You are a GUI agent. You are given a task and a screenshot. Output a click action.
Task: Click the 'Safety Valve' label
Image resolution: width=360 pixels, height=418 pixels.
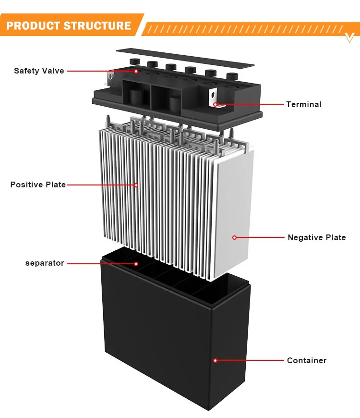point(39,71)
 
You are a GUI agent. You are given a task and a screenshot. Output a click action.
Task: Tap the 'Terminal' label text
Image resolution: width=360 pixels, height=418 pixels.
point(303,104)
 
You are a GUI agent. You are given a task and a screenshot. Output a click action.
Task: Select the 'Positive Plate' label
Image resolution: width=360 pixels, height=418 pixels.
point(38,184)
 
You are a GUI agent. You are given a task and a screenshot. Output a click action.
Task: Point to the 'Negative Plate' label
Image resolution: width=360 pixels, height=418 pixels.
point(316,237)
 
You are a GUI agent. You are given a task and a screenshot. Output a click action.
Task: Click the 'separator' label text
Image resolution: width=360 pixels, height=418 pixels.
point(45,263)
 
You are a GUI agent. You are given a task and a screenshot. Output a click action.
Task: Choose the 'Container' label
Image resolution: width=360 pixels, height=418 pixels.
point(306,360)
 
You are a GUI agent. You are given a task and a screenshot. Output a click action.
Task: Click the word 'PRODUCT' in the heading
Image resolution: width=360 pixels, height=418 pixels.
point(36,25)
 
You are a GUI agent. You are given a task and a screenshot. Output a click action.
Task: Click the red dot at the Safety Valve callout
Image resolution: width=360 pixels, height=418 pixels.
point(136,71)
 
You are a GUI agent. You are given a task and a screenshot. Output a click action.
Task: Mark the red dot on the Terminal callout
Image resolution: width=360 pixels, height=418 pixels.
point(216,104)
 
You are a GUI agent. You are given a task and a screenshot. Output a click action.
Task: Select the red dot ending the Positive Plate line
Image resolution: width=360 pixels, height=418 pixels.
point(136,184)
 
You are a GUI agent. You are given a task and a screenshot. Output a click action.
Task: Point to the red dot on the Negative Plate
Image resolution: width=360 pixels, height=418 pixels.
point(234,237)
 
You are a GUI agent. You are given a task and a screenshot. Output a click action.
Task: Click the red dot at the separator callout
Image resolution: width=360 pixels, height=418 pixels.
point(136,263)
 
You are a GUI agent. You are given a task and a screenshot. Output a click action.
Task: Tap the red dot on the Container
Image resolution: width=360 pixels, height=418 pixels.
point(216,360)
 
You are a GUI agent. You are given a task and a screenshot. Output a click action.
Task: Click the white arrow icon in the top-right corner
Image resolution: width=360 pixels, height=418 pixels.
point(350,37)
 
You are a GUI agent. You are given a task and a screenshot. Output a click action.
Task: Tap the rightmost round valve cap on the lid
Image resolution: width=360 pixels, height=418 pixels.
point(232,76)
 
